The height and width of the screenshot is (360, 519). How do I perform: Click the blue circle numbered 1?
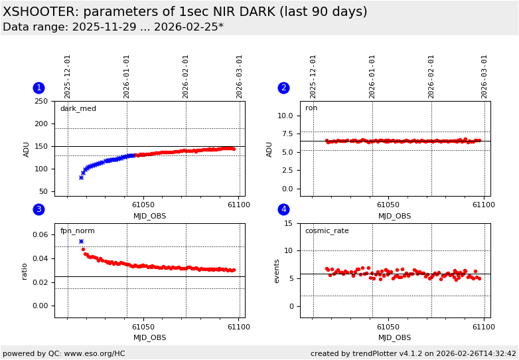tap(38, 88)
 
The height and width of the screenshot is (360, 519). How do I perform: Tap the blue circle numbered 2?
tap(283, 88)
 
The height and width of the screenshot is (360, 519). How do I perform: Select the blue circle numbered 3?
tap(38, 210)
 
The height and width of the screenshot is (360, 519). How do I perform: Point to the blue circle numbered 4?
tap(283, 210)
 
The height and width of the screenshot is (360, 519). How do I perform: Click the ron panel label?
tap(311, 108)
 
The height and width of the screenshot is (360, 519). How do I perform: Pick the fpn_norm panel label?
tap(77, 231)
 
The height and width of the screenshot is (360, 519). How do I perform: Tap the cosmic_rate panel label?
tap(327, 231)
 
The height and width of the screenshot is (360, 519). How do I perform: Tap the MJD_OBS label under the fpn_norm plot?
tap(150, 338)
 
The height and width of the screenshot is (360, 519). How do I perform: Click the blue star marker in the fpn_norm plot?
tap(81, 242)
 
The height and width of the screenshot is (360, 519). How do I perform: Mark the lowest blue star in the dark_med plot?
tap(81, 177)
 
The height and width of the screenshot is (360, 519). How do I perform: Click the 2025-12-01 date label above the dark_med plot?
tap(68, 76)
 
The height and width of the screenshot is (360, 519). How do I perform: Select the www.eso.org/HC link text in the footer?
tap(94, 354)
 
